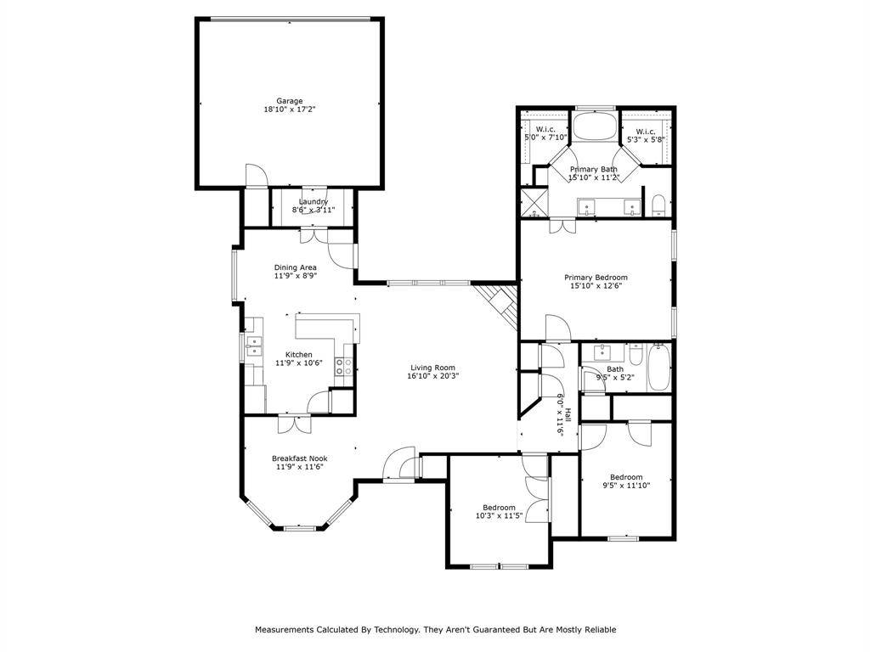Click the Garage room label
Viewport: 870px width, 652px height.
(x=290, y=105)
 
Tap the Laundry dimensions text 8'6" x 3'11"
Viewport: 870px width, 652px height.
(x=314, y=210)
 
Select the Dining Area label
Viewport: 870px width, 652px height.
(x=295, y=271)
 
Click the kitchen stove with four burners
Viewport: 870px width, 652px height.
(x=343, y=367)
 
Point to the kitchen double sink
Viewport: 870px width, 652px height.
(x=254, y=346)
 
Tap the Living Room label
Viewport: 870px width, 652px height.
(x=432, y=372)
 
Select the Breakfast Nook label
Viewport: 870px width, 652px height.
(x=300, y=463)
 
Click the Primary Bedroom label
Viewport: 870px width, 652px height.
(x=596, y=282)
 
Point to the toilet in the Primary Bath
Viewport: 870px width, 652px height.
(x=658, y=205)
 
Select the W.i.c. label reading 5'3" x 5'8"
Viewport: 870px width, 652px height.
(x=646, y=136)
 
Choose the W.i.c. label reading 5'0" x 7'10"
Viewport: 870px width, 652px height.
(x=545, y=133)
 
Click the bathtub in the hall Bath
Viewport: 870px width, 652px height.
(x=659, y=368)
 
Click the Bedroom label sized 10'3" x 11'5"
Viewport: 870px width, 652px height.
(x=499, y=511)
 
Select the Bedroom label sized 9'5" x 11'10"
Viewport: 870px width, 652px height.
(x=626, y=481)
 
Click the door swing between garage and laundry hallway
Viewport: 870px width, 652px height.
(x=257, y=175)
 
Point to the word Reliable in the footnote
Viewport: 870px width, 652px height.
(x=600, y=629)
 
